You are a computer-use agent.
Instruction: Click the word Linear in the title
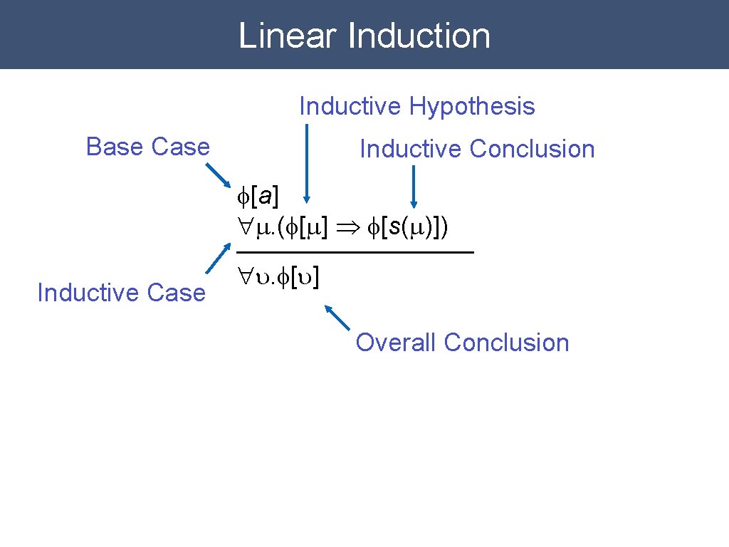[x=287, y=36]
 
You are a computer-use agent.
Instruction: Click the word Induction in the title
[x=418, y=36]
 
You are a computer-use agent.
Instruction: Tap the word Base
[x=115, y=147]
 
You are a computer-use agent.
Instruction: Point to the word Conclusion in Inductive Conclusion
[x=532, y=150]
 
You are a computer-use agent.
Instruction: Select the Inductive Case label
[x=121, y=293]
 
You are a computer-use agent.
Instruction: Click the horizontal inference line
[x=355, y=253]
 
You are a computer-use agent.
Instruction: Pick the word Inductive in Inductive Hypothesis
[x=350, y=107]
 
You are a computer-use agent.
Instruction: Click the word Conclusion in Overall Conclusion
[x=506, y=343]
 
